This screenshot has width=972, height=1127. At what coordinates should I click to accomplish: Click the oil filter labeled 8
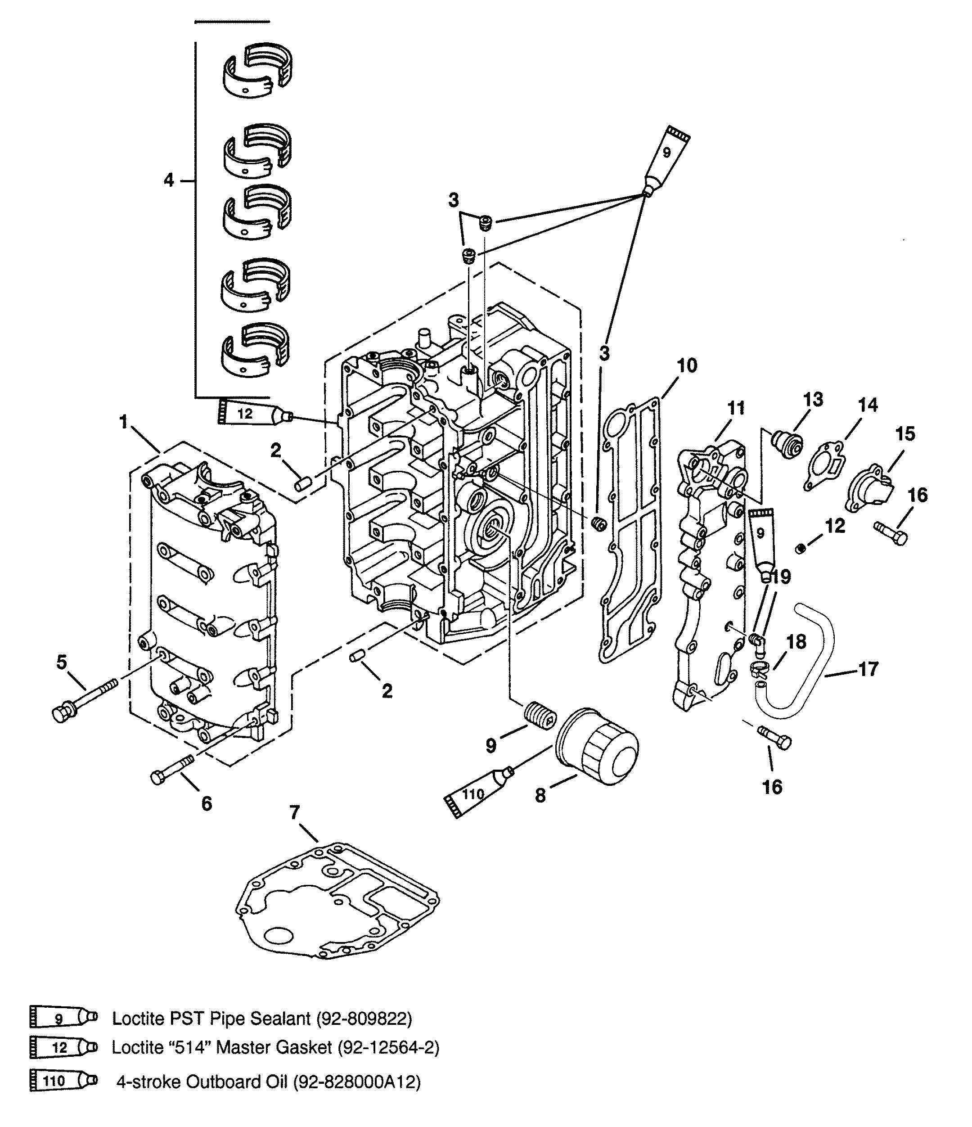597,746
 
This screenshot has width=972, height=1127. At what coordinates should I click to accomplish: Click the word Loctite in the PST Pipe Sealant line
136,1018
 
